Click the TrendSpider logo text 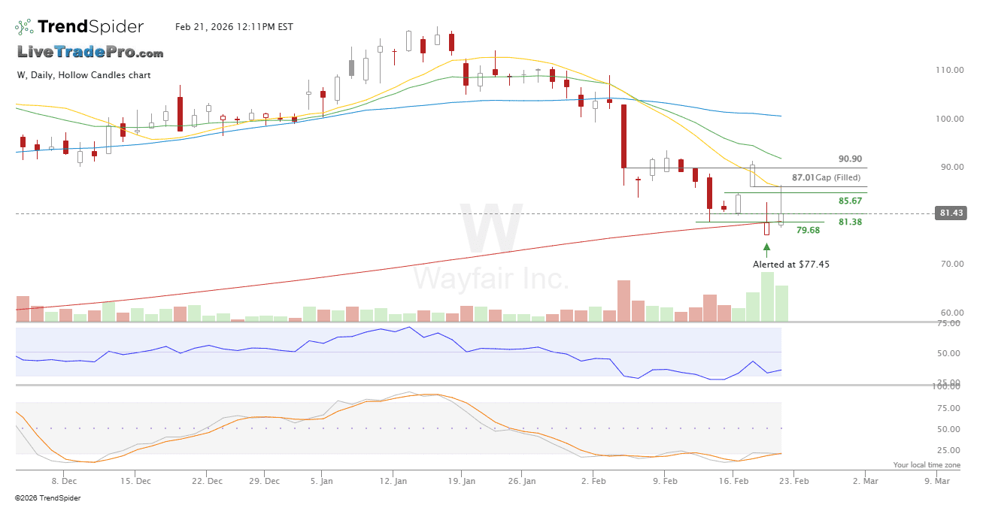(x=90, y=27)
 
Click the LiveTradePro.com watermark (x=90, y=53)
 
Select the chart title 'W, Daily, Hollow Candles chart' (x=83, y=75)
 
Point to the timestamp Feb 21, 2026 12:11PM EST (x=234, y=27)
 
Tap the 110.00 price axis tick (x=949, y=70)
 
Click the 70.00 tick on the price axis (x=949, y=264)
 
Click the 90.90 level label (x=850, y=159)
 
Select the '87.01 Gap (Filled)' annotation (x=824, y=178)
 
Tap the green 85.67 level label (x=850, y=201)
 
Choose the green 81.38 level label (x=850, y=222)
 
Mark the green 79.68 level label (x=808, y=230)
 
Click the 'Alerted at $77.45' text (x=791, y=265)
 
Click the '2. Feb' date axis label (x=594, y=481)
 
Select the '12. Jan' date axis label (x=394, y=481)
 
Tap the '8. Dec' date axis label (x=63, y=481)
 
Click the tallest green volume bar (x=767, y=297)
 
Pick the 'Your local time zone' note (x=921, y=465)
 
